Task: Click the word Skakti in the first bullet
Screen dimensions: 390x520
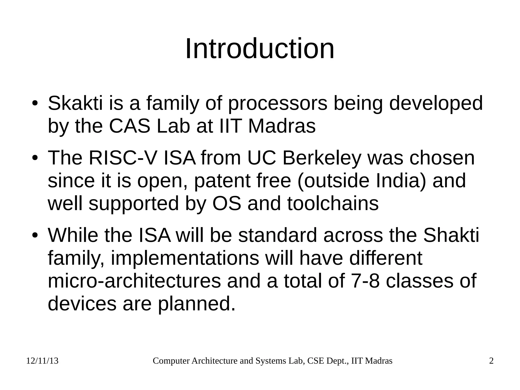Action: click(x=75, y=103)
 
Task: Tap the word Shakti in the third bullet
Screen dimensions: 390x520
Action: click(x=451, y=235)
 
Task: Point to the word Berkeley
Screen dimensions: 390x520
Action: click(x=321, y=158)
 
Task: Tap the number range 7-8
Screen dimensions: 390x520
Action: click(x=365, y=281)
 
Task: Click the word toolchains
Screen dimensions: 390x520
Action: click(x=333, y=204)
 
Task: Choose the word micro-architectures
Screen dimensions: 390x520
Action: click(x=134, y=281)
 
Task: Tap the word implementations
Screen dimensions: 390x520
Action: click(x=185, y=258)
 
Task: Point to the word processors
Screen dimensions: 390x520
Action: click(x=278, y=103)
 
